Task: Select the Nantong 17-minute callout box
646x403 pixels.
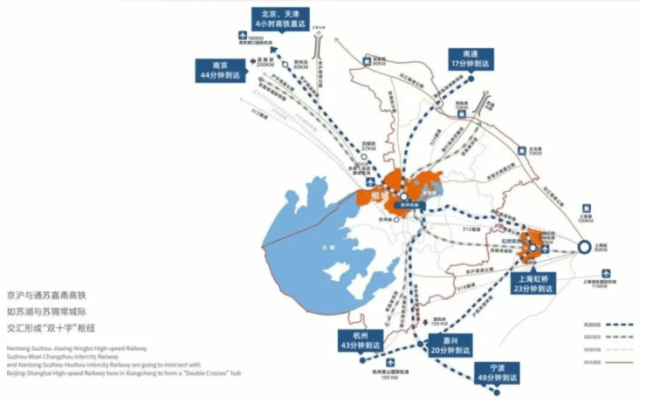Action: click(x=471, y=59)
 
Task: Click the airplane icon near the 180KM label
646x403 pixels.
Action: click(x=243, y=36)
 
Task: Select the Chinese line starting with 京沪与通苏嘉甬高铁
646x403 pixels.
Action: click(x=52, y=296)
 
